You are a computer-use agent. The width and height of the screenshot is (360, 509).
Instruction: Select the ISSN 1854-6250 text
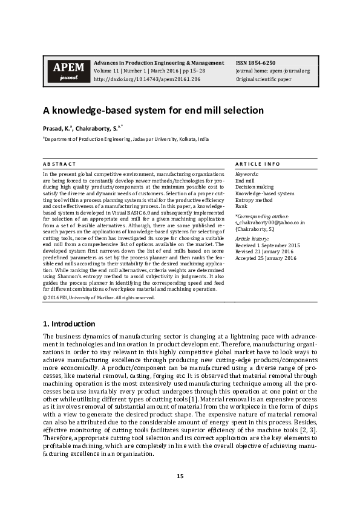257,63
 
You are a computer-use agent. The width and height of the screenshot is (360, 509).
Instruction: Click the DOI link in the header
147,79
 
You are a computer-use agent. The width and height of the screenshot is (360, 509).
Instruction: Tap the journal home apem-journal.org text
272,71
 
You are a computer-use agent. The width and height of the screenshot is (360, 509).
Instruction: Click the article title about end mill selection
152,111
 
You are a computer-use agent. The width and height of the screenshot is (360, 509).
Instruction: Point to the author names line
83,128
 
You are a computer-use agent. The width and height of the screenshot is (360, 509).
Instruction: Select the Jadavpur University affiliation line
126,139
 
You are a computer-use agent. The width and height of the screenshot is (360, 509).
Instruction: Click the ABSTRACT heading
59,164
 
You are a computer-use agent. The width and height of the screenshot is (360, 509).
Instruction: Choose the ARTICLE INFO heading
258,164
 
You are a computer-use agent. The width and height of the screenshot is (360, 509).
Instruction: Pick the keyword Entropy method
254,199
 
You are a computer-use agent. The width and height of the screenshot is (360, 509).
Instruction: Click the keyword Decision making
254,187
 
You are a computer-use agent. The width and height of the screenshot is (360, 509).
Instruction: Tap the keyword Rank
241,206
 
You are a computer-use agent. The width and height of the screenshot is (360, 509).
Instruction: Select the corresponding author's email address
270,222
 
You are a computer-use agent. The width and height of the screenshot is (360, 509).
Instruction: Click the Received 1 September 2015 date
267,245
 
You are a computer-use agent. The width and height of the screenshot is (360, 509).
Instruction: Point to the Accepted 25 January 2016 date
266,258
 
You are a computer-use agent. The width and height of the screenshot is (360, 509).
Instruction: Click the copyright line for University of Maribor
99,297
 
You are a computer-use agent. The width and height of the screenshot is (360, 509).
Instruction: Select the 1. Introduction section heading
69,323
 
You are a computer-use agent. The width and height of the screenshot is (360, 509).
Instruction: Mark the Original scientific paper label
264,79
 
